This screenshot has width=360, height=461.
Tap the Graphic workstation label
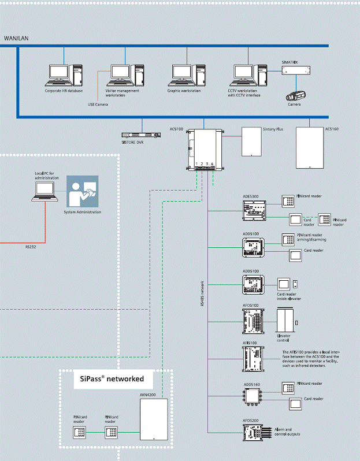tap(184, 91)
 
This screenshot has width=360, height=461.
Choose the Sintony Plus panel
tap(252, 141)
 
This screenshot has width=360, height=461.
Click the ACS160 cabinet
tap(310, 147)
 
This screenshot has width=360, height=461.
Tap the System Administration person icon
tap(83, 192)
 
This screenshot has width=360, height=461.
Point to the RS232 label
tap(30, 246)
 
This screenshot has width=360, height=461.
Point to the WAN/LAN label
tap(16, 38)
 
